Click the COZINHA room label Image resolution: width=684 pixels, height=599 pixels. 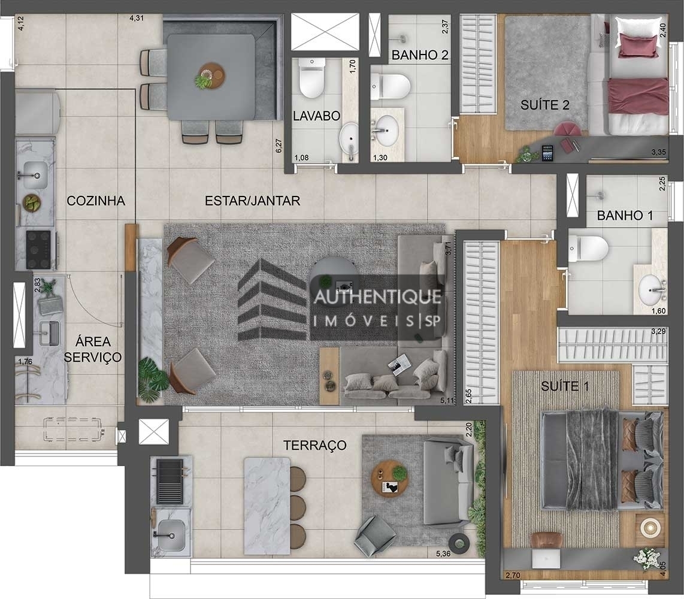(x=96, y=201)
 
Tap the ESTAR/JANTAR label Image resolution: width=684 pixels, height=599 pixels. (x=252, y=201)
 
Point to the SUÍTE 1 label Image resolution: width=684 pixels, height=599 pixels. (x=565, y=386)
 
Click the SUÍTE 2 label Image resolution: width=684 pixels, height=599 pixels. (x=544, y=105)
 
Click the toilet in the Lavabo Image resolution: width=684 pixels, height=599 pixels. (x=311, y=81)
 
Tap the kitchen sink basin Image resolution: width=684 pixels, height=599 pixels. (x=34, y=174)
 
